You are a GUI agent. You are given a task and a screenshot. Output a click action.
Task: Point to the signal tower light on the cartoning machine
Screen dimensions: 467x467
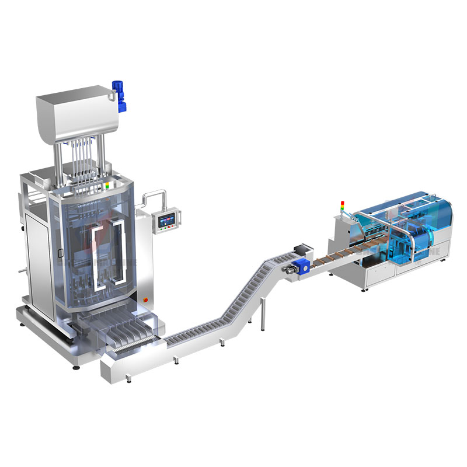pyautogui.click(x=343, y=207)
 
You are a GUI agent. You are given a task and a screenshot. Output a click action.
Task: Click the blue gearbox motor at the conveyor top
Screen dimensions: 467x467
pyautogui.click(x=299, y=266)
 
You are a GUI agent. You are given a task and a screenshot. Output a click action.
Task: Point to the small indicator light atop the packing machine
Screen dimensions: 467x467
pyautogui.click(x=106, y=186)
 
